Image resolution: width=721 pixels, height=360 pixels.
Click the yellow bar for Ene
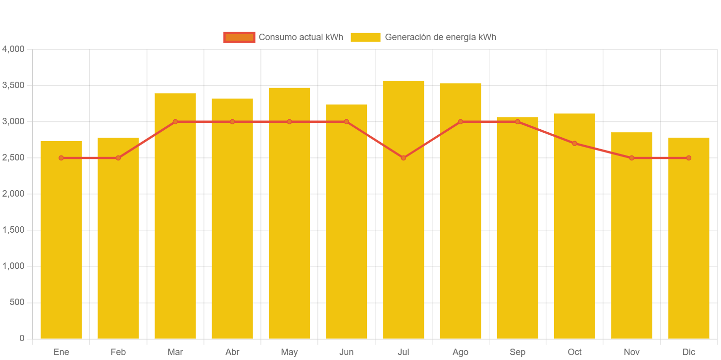point(61,248)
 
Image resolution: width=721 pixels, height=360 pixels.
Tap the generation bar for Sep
point(517,233)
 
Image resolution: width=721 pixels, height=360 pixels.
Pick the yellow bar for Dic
point(688,248)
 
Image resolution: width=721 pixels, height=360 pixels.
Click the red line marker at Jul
point(403,158)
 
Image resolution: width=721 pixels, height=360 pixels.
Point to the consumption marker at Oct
point(574,144)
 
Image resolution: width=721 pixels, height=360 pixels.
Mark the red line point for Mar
point(175,122)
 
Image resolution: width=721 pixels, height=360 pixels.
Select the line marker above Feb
point(118,158)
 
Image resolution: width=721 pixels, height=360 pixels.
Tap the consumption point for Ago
point(461,122)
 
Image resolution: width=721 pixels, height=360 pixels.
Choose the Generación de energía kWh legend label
point(440,37)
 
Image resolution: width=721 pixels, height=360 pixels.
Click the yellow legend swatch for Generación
point(365,37)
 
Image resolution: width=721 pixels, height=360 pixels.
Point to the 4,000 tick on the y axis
point(13,49)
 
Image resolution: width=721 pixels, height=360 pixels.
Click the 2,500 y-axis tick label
point(13,157)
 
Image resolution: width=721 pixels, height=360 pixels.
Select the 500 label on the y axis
point(17,302)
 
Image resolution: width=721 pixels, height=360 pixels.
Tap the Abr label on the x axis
point(232,352)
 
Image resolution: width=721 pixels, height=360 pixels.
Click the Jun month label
point(346,352)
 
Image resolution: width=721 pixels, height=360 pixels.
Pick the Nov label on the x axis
point(631,352)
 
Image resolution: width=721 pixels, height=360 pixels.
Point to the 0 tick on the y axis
point(21,338)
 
